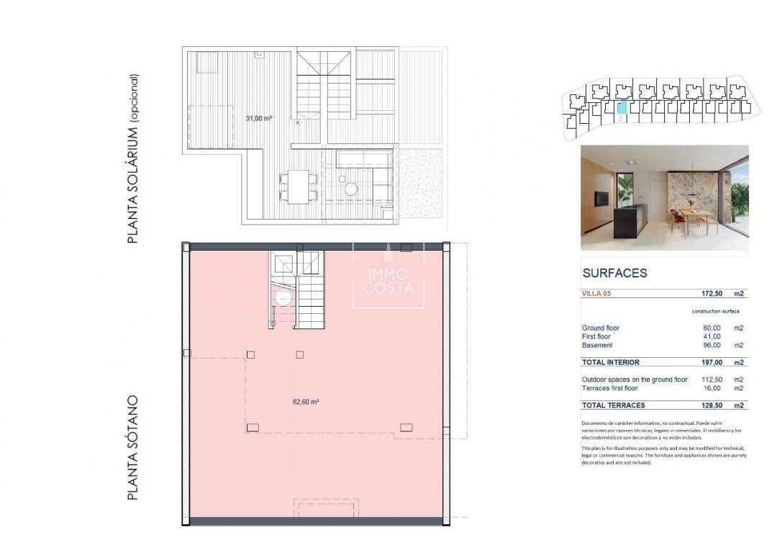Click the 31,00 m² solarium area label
point(258,118)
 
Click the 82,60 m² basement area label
point(306,402)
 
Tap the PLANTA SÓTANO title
point(132,448)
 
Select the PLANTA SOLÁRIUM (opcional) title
point(132,158)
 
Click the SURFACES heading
point(614,274)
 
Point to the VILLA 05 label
point(600,294)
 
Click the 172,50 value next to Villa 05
point(706,294)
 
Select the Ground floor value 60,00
point(711,328)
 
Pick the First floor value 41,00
point(711,337)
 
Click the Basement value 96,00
point(711,346)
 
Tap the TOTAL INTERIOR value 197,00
point(709,363)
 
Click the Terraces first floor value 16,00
point(711,388)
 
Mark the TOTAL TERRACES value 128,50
point(709,405)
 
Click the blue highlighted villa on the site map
point(622,109)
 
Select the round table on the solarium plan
point(350,189)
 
